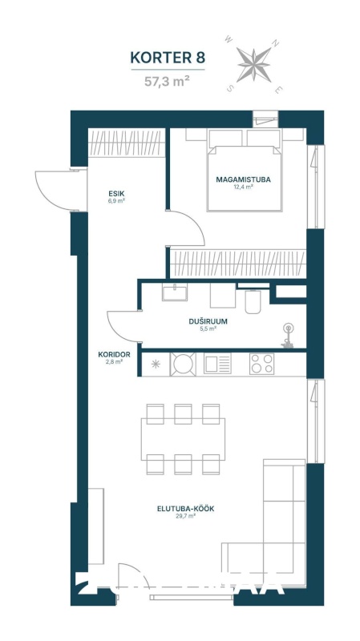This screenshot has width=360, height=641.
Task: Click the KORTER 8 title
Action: (x=168, y=58)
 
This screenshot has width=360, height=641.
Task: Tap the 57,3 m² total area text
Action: (x=167, y=82)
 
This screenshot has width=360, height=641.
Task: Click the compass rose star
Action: (x=254, y=64)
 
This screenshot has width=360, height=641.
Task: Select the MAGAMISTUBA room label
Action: (x=244, y=179)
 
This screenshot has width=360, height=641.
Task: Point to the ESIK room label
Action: (x=116, y=194)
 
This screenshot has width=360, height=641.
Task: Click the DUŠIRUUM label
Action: (x=208, y=322)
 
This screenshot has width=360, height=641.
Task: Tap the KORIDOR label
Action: (x=114, y=355)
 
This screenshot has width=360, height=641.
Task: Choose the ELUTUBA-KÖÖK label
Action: (x=186, y=509)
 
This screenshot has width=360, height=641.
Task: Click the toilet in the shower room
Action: (x=253, y=301)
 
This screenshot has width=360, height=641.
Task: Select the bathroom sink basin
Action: (x=175, y=292)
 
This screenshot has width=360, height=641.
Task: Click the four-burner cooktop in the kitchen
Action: (x=262, y=364)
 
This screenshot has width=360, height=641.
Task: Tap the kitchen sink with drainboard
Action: (x=217, y=364)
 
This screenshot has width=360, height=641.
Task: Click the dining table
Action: (x=183, y=439)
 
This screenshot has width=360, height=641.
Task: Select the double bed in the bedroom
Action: (x=245, y=170)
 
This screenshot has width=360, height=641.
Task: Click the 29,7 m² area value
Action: (x=185, y=516)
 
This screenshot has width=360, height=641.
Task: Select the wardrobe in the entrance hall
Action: (x=127, y=143)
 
